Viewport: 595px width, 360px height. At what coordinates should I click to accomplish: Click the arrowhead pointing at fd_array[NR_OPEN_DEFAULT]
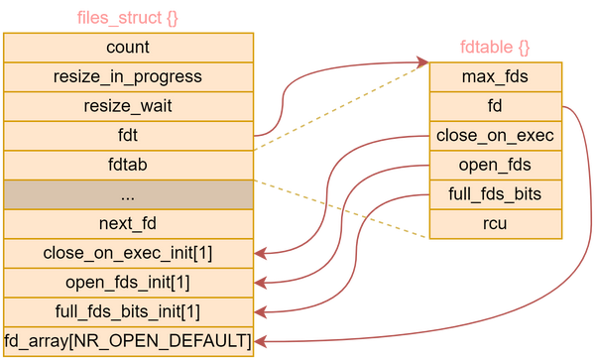coord(264,342)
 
